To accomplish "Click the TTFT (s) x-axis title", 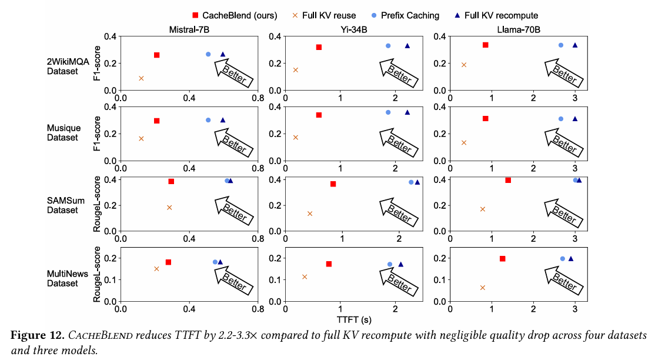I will (x=353, y=320).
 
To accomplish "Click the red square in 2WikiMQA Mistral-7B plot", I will (x=157, y=55).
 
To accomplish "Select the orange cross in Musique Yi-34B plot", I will (x=296, y=138).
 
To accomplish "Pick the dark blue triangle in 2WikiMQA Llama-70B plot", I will (x=575, y=45).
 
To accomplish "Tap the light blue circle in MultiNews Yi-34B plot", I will (x=390, y=265).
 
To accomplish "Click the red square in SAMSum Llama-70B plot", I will (x=508, y=180).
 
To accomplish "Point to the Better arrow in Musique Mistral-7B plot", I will (x=233, y=143).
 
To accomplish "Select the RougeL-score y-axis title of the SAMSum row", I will (x=98, y=204).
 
